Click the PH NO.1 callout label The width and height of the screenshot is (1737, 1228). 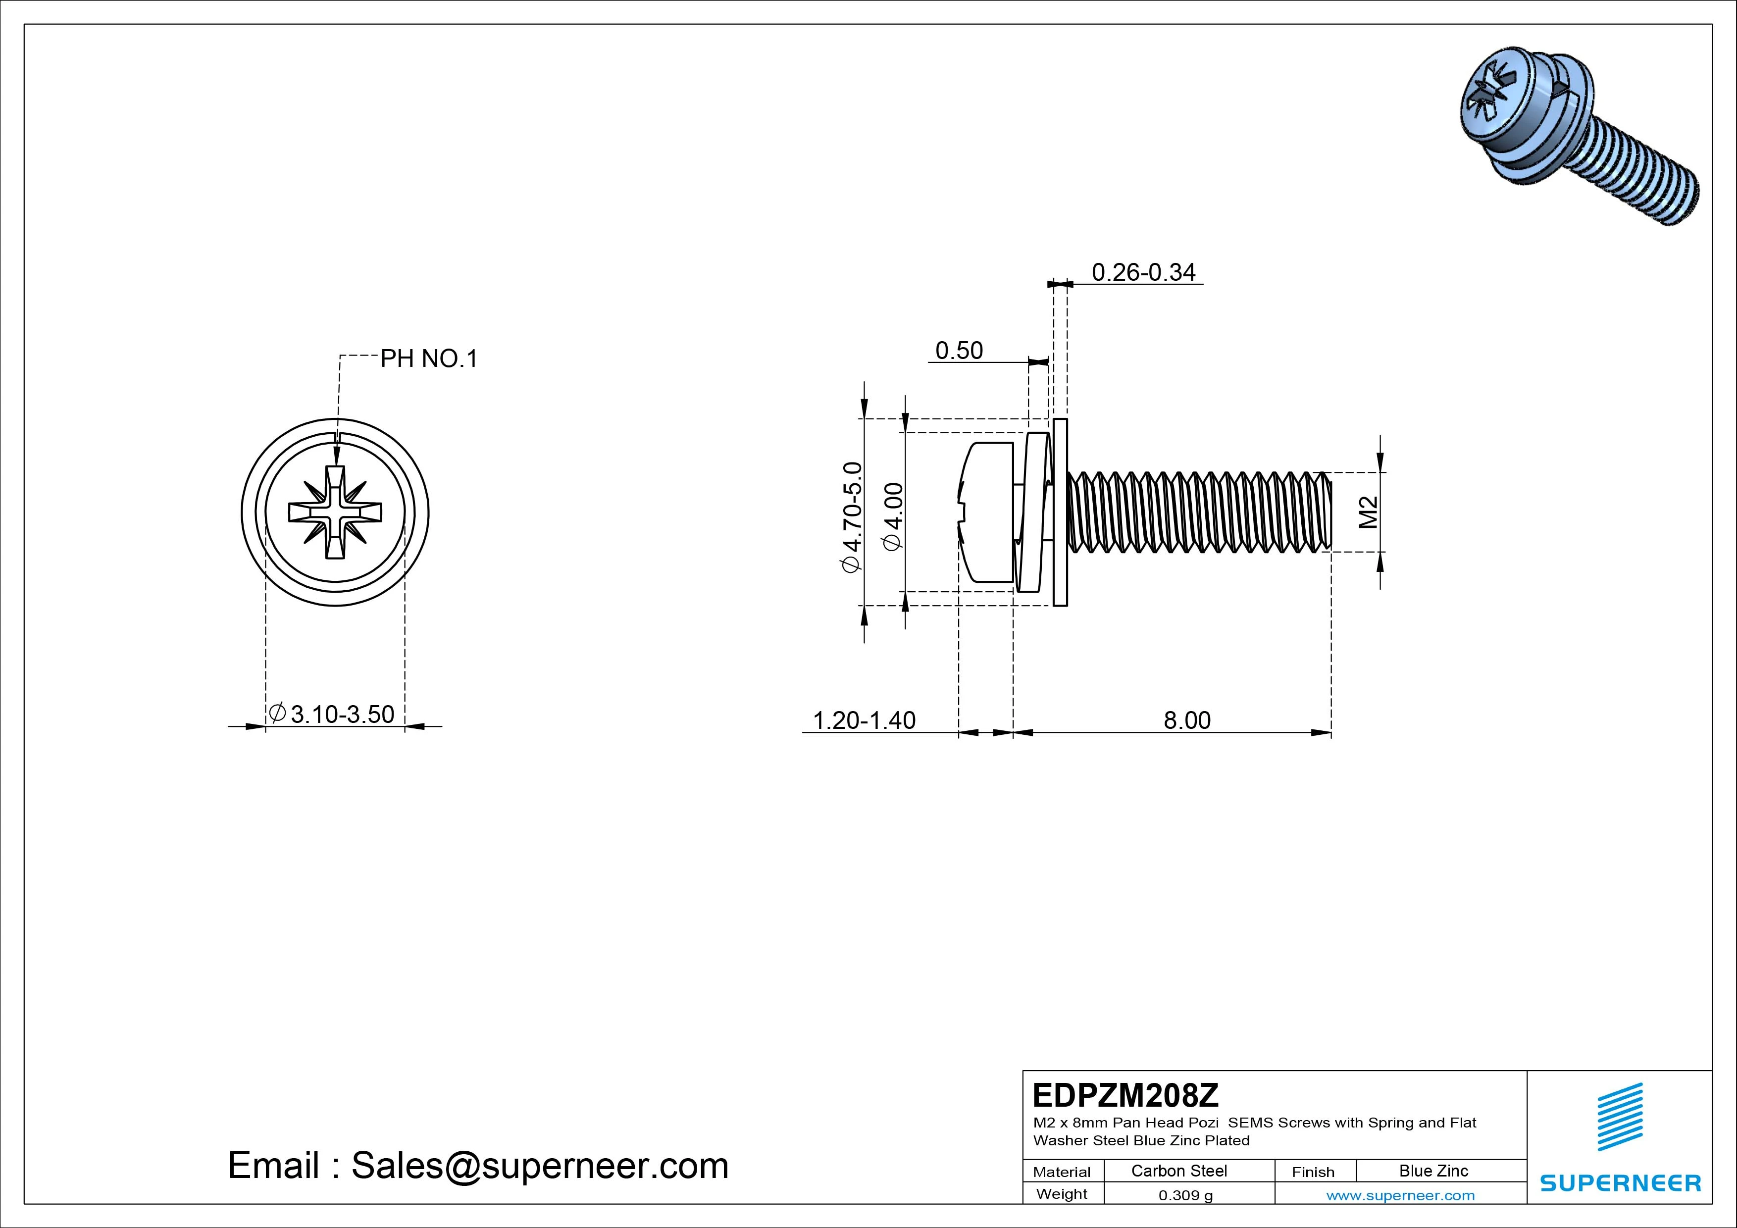[x=428, y=358]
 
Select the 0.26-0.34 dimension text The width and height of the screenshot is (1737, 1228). [x=1143, y=272]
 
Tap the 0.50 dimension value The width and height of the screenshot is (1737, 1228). [x=959, y=351]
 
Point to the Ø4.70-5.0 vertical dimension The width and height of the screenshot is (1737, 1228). [x=852, y=517]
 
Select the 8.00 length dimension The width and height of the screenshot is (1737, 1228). [x=1186, y=720]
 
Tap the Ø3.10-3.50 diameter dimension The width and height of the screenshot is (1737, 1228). [x=332, y=714]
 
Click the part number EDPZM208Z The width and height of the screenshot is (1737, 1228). [x=1125, y=1095]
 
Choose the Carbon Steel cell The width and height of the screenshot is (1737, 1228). [x=1178, y=1171]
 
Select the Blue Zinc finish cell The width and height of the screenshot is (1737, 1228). [x=1433, y=1171]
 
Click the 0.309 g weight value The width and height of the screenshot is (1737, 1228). [x=1185, y=1195]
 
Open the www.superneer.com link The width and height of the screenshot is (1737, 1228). [x=1400, y=1195]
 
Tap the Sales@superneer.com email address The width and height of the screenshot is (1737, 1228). [x=539, y=1165]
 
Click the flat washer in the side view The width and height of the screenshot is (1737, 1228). [x=1060, y=512]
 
